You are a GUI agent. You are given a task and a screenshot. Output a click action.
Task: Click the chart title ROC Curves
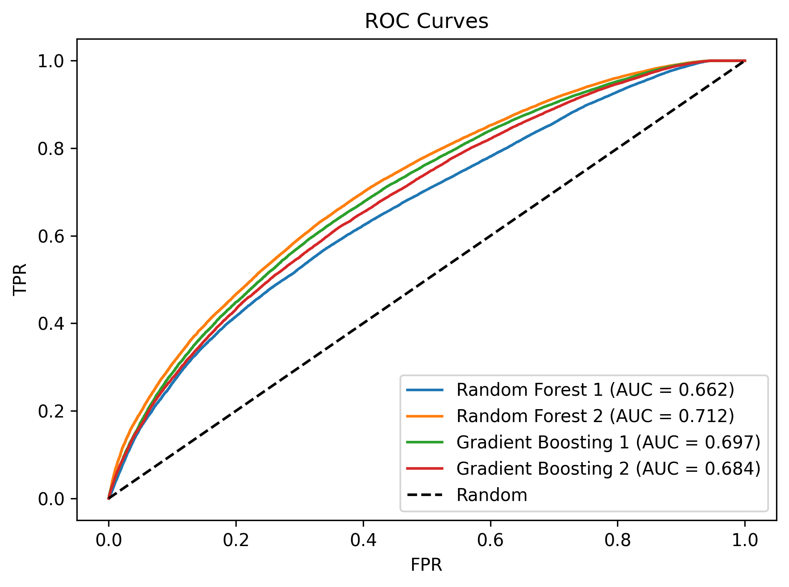pos(426,21)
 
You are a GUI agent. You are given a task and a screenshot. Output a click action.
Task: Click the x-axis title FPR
pos(426,565)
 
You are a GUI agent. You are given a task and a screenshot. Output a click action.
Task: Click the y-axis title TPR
pos(20,279)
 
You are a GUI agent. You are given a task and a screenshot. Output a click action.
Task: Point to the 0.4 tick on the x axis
pos(363,540)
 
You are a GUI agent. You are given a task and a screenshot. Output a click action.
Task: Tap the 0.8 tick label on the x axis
pos(618,540)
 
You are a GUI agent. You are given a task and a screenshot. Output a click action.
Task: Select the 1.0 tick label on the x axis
pos(745,540)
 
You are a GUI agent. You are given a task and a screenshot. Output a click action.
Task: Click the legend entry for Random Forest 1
pos(530,390)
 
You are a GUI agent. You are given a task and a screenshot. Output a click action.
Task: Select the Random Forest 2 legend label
pos(530,416)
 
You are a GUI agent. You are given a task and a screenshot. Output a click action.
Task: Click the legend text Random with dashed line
pos(492,495)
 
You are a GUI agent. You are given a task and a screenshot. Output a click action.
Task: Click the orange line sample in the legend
pos(425,416)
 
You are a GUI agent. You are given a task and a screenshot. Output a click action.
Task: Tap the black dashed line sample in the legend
pos(425,495)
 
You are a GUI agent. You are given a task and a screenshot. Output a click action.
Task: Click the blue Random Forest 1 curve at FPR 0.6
pos(491,158)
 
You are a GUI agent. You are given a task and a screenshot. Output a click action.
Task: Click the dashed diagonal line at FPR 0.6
pos(491,236)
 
